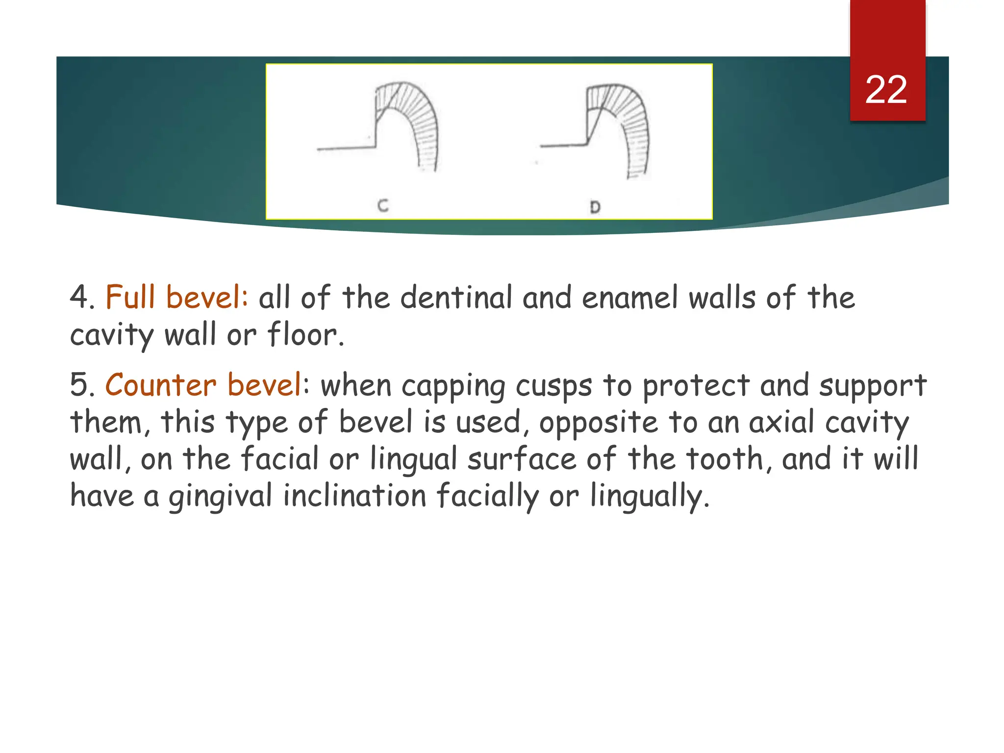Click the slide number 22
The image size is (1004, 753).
(886, 90)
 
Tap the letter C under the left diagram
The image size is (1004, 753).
(383, 205)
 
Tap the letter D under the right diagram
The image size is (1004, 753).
(595, 207)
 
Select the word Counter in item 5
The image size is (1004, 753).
(160, 385)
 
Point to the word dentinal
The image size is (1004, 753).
(456, 298)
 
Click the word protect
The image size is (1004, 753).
(696, 386)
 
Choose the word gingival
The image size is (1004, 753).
(221, 496)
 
